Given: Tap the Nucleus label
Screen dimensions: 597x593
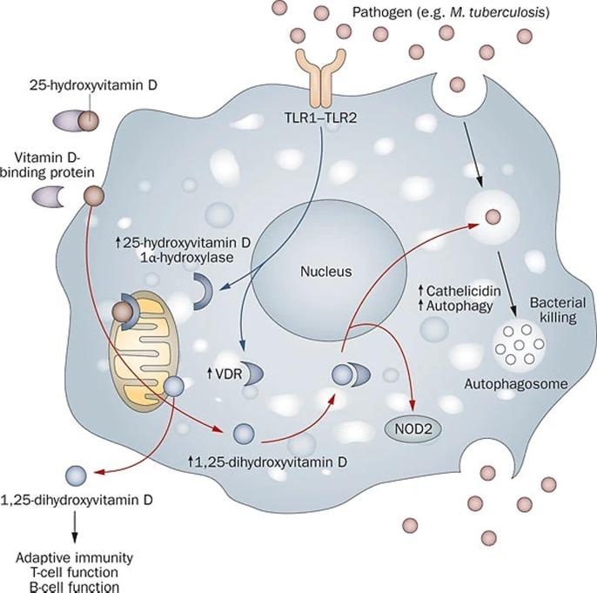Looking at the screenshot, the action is (x=325, y=272).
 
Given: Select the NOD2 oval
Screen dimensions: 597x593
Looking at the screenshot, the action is (x=413, y=429).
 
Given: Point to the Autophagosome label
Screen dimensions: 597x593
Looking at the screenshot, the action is (x=516, y=384).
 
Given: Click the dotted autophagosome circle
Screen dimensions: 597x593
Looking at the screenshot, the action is (x=519, y=345).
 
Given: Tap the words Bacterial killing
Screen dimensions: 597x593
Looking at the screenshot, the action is (x=558, y=310).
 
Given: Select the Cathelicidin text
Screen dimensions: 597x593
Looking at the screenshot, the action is (x=463, y=291).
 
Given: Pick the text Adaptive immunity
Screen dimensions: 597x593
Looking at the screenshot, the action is (x=74, y=558).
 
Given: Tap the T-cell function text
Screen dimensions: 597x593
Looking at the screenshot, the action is (x=74, y=572).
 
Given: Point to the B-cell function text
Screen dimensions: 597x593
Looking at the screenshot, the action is (x=74, y=587).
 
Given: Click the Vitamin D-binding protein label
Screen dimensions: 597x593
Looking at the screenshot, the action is (x=48, y=165).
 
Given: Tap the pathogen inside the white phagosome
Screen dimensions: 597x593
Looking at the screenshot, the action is (x=493, y=217).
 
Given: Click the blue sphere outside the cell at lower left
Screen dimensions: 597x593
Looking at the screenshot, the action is (x=77, y=475).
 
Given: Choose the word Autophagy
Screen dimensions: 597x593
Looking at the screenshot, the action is (x=459, y=307).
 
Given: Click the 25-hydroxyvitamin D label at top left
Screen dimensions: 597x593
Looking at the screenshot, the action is (x=93, y=84).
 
